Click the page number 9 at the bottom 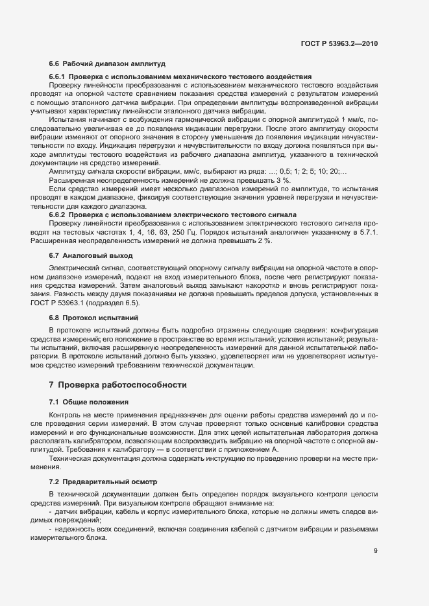coord(376,551)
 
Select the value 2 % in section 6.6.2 coord(265,241)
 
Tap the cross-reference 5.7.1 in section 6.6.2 coord(370,231)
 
